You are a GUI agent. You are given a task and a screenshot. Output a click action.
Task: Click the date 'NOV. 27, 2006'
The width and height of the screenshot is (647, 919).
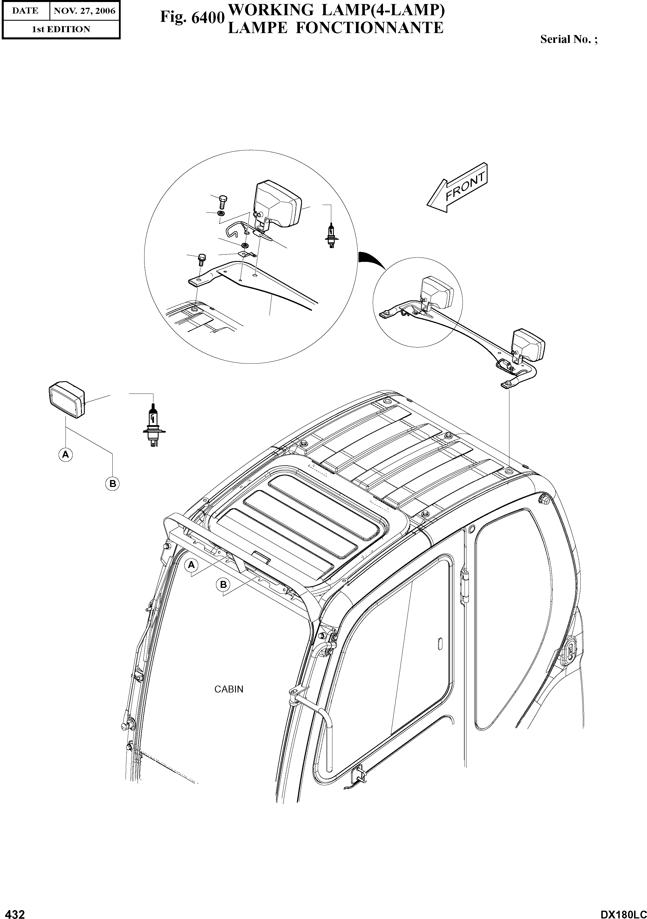pyautogui.click(x=84, y=11)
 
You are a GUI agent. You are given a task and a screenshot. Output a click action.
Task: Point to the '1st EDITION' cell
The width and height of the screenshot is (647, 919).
pyautogui.click(x=61, y=29)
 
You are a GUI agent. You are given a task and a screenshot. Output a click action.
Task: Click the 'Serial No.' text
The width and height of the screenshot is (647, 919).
pyautogui.click(x=569, y=39)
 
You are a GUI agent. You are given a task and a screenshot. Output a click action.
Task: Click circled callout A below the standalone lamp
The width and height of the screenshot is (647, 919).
pyautogui.click(x=66, y=454)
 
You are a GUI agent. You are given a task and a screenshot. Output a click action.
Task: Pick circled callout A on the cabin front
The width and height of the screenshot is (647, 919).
pyautogui.click(x=191, y=565)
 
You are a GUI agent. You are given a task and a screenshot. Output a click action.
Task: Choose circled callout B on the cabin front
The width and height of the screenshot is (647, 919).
pyautogui.click(x=223, y=585)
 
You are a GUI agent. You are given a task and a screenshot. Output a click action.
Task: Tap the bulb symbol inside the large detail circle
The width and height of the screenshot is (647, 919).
pyautogui.click(x=331, y=237)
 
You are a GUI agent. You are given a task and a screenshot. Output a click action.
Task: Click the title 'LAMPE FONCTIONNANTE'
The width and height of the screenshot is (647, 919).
pyautogui.click(x=335, y=28)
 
